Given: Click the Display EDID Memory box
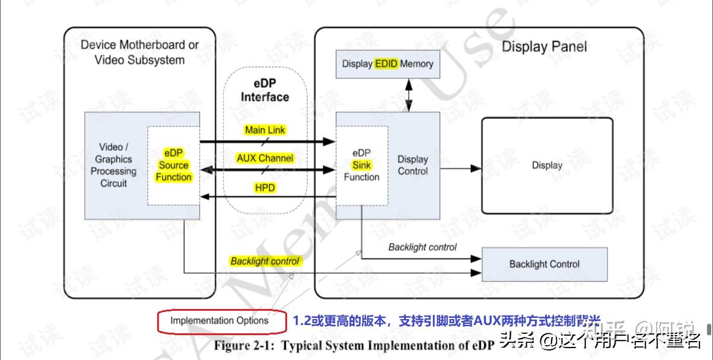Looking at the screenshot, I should point(388,64).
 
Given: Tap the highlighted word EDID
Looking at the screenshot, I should point(386,64).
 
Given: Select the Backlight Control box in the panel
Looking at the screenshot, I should point(544,265).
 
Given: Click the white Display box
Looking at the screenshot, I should point(546,165).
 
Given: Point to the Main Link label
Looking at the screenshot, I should point(265,130).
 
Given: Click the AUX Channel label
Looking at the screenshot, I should point(265,158).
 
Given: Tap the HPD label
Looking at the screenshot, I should point(265,187).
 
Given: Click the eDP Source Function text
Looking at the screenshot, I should point(173,165).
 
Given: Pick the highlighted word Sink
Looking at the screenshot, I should point(361,165).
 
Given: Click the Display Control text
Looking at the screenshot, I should point(412,165).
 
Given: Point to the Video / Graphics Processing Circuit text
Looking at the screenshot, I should point(113,165).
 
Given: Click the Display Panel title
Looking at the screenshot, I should point(544,47).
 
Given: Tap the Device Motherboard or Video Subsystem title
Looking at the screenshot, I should point(139,52).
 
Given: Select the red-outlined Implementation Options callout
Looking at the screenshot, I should point(219,321).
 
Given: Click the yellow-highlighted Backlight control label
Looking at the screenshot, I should point(265,261).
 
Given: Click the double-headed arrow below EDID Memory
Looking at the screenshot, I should point(408,95).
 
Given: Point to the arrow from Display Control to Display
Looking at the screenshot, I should point(460,168).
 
